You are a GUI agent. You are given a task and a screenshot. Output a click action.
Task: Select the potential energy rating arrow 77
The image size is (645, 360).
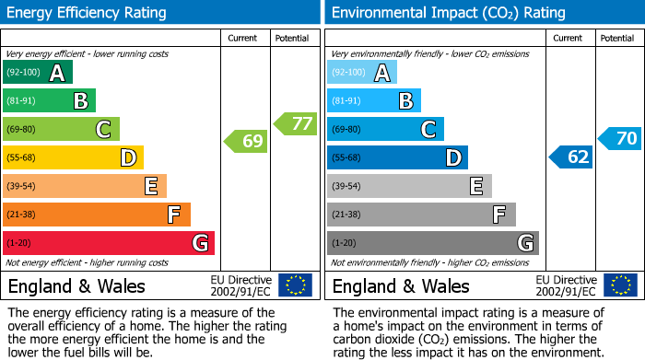click(296, 122)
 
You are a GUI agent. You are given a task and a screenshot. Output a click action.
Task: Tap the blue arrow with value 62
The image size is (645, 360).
click(571, 157)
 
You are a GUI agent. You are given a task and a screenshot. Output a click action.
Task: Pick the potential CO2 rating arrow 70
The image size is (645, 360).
click(620, 139)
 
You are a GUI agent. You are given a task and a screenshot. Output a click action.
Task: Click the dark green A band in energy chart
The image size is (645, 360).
click(38, 73)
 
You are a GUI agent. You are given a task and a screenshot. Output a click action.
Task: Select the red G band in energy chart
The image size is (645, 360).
click(109, 243)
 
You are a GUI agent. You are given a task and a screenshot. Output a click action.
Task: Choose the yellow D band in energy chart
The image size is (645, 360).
click(74, 157)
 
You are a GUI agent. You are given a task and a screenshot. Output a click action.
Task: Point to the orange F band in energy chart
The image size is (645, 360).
click(97, 215)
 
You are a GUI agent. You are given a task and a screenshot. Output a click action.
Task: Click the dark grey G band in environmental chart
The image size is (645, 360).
click(433, 243)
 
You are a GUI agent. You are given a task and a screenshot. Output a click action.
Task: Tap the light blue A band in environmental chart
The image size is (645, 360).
click(362, 73)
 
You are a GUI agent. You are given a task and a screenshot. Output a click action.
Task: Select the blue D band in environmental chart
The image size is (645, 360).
click(397, 157)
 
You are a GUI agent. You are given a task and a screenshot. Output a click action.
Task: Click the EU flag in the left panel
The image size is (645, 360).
click(295, 285)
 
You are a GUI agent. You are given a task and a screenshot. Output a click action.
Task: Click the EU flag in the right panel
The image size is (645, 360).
click(619, 285)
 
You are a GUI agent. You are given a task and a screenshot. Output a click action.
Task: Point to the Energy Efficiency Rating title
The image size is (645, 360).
click(88, 13)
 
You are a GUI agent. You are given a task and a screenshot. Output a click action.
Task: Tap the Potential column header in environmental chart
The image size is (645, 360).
click(617, 38)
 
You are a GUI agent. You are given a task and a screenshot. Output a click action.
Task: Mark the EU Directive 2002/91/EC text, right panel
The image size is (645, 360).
click(564, 285)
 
